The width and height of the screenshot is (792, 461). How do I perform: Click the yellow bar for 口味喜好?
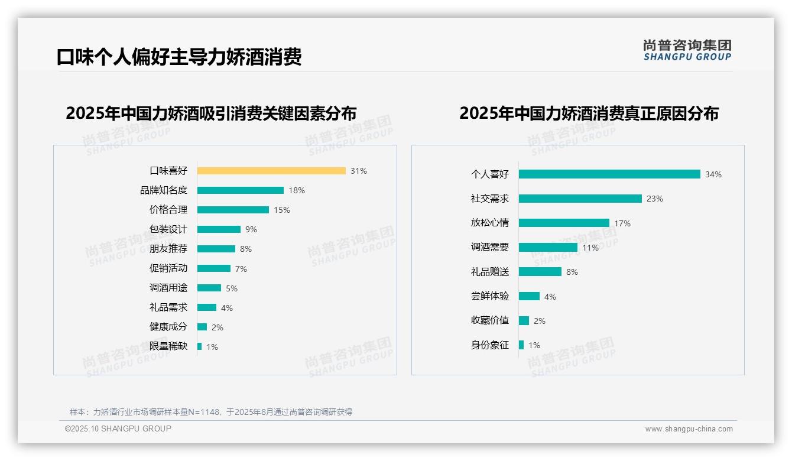tap(271, 171)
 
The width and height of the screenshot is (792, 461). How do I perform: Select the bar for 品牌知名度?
tap(241, 190)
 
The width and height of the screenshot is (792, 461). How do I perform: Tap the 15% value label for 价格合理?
tap(282, 210)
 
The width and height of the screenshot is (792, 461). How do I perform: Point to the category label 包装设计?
tap(168, 229)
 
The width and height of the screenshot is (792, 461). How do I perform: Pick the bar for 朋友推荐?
tap(216, 249)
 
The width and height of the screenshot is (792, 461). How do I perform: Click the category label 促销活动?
tap(168, 268)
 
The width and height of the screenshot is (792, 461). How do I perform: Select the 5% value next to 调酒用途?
tap(232, 288)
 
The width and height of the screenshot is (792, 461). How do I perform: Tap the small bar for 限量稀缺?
tap(200, 346)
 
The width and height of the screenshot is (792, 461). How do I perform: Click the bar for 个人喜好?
tap(609, 174)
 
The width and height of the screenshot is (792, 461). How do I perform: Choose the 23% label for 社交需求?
tap(655, 199)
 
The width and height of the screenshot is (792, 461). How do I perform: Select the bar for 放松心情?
tap(564, 223)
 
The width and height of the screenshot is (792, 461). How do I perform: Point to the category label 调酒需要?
tap(489, 248)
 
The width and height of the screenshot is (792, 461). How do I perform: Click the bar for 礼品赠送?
tap(540, 272)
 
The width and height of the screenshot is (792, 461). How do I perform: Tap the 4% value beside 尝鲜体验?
tap(550, 297)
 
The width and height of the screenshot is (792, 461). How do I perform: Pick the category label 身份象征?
tap(489, 345)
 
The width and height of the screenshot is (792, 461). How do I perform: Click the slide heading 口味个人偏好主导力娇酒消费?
tap(179, 57)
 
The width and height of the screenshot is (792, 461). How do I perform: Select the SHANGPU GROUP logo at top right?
tap(687, 50)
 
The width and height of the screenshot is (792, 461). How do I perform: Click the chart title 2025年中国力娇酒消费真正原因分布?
tap(589, 113)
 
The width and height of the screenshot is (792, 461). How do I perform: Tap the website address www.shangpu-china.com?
tap(689, 429)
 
